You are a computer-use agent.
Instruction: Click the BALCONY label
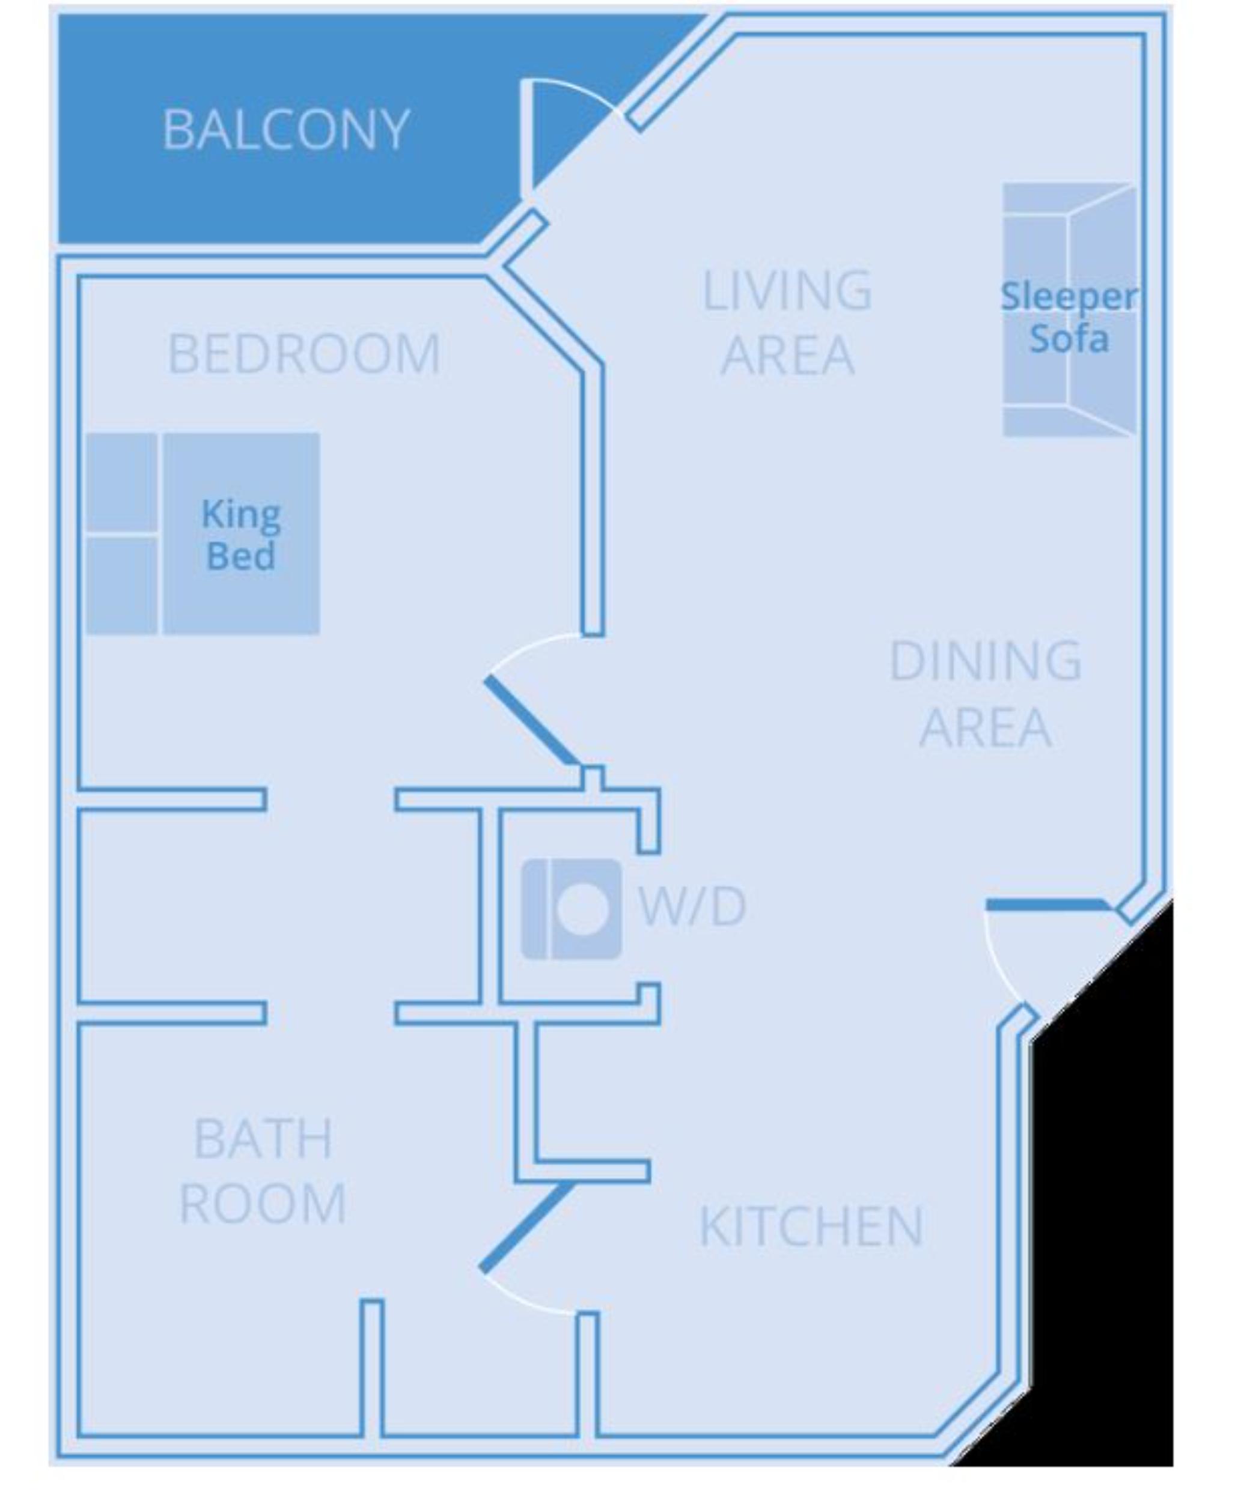(x=285, y=130)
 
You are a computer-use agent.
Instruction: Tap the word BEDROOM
(x=304, y=354)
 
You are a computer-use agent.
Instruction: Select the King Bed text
(x=241, y=535)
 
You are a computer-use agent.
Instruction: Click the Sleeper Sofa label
(x=1068, y=317)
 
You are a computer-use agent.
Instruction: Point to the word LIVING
(x=787, y=291)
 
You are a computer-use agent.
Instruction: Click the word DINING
(x=986, y=661)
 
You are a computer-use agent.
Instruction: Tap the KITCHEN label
(x=811, y=1226)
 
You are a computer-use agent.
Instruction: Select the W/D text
(x=692, y=906)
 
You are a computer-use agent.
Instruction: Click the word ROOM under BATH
(x=263, y=1203)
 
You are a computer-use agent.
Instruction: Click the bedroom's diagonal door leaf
(x=531, y=720)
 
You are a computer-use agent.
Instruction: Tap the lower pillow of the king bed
(x=122, y=585)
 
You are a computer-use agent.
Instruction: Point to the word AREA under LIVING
(x=787, y=354)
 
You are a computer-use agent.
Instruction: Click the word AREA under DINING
(x=986, y=727)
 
